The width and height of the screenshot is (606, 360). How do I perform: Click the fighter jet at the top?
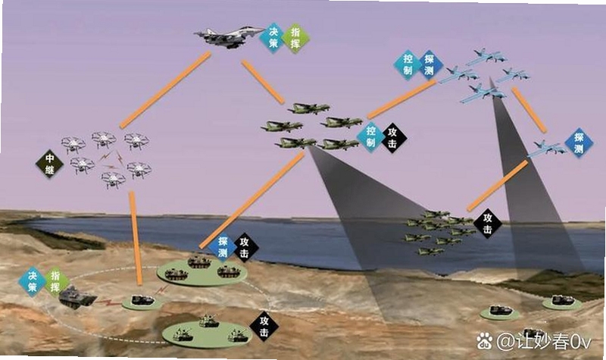(x=228, y=36)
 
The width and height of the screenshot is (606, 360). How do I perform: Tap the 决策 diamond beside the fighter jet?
(x=273, y=37)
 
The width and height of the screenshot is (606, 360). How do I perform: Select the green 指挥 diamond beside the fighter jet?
(x=295, y=39)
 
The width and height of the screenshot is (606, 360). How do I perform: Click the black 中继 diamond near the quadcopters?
(x=50, y=164)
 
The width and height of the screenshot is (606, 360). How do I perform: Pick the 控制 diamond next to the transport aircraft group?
(x=371, y=137)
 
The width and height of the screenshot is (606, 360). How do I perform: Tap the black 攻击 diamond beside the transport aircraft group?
(x=392, y=138)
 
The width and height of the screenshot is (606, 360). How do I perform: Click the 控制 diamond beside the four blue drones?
(x=408, y=64)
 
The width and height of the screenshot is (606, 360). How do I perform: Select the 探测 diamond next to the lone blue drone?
(x=579, y=143)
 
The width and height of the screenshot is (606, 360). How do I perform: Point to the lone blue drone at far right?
(x=545, y=149)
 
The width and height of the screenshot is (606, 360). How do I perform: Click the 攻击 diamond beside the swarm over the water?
(x=487, y=224)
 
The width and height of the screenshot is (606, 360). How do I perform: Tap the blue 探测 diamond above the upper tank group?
(x=223, y=247)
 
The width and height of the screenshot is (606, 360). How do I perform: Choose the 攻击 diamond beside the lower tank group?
(x=264, y=327)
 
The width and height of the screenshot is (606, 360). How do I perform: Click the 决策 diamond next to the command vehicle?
(x=33, y=281)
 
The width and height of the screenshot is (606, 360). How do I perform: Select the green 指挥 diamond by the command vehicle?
(x=55, y=281)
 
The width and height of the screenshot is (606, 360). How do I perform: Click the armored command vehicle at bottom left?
(x=77, y=297)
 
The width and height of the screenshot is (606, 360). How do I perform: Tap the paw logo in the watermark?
(x=484, y=340)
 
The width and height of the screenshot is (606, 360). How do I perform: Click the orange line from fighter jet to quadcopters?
(x=166, y=89)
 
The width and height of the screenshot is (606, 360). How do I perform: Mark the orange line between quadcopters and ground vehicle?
(x=136, y=238)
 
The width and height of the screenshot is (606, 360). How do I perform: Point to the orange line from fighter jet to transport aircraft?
(x=263, y=82)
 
